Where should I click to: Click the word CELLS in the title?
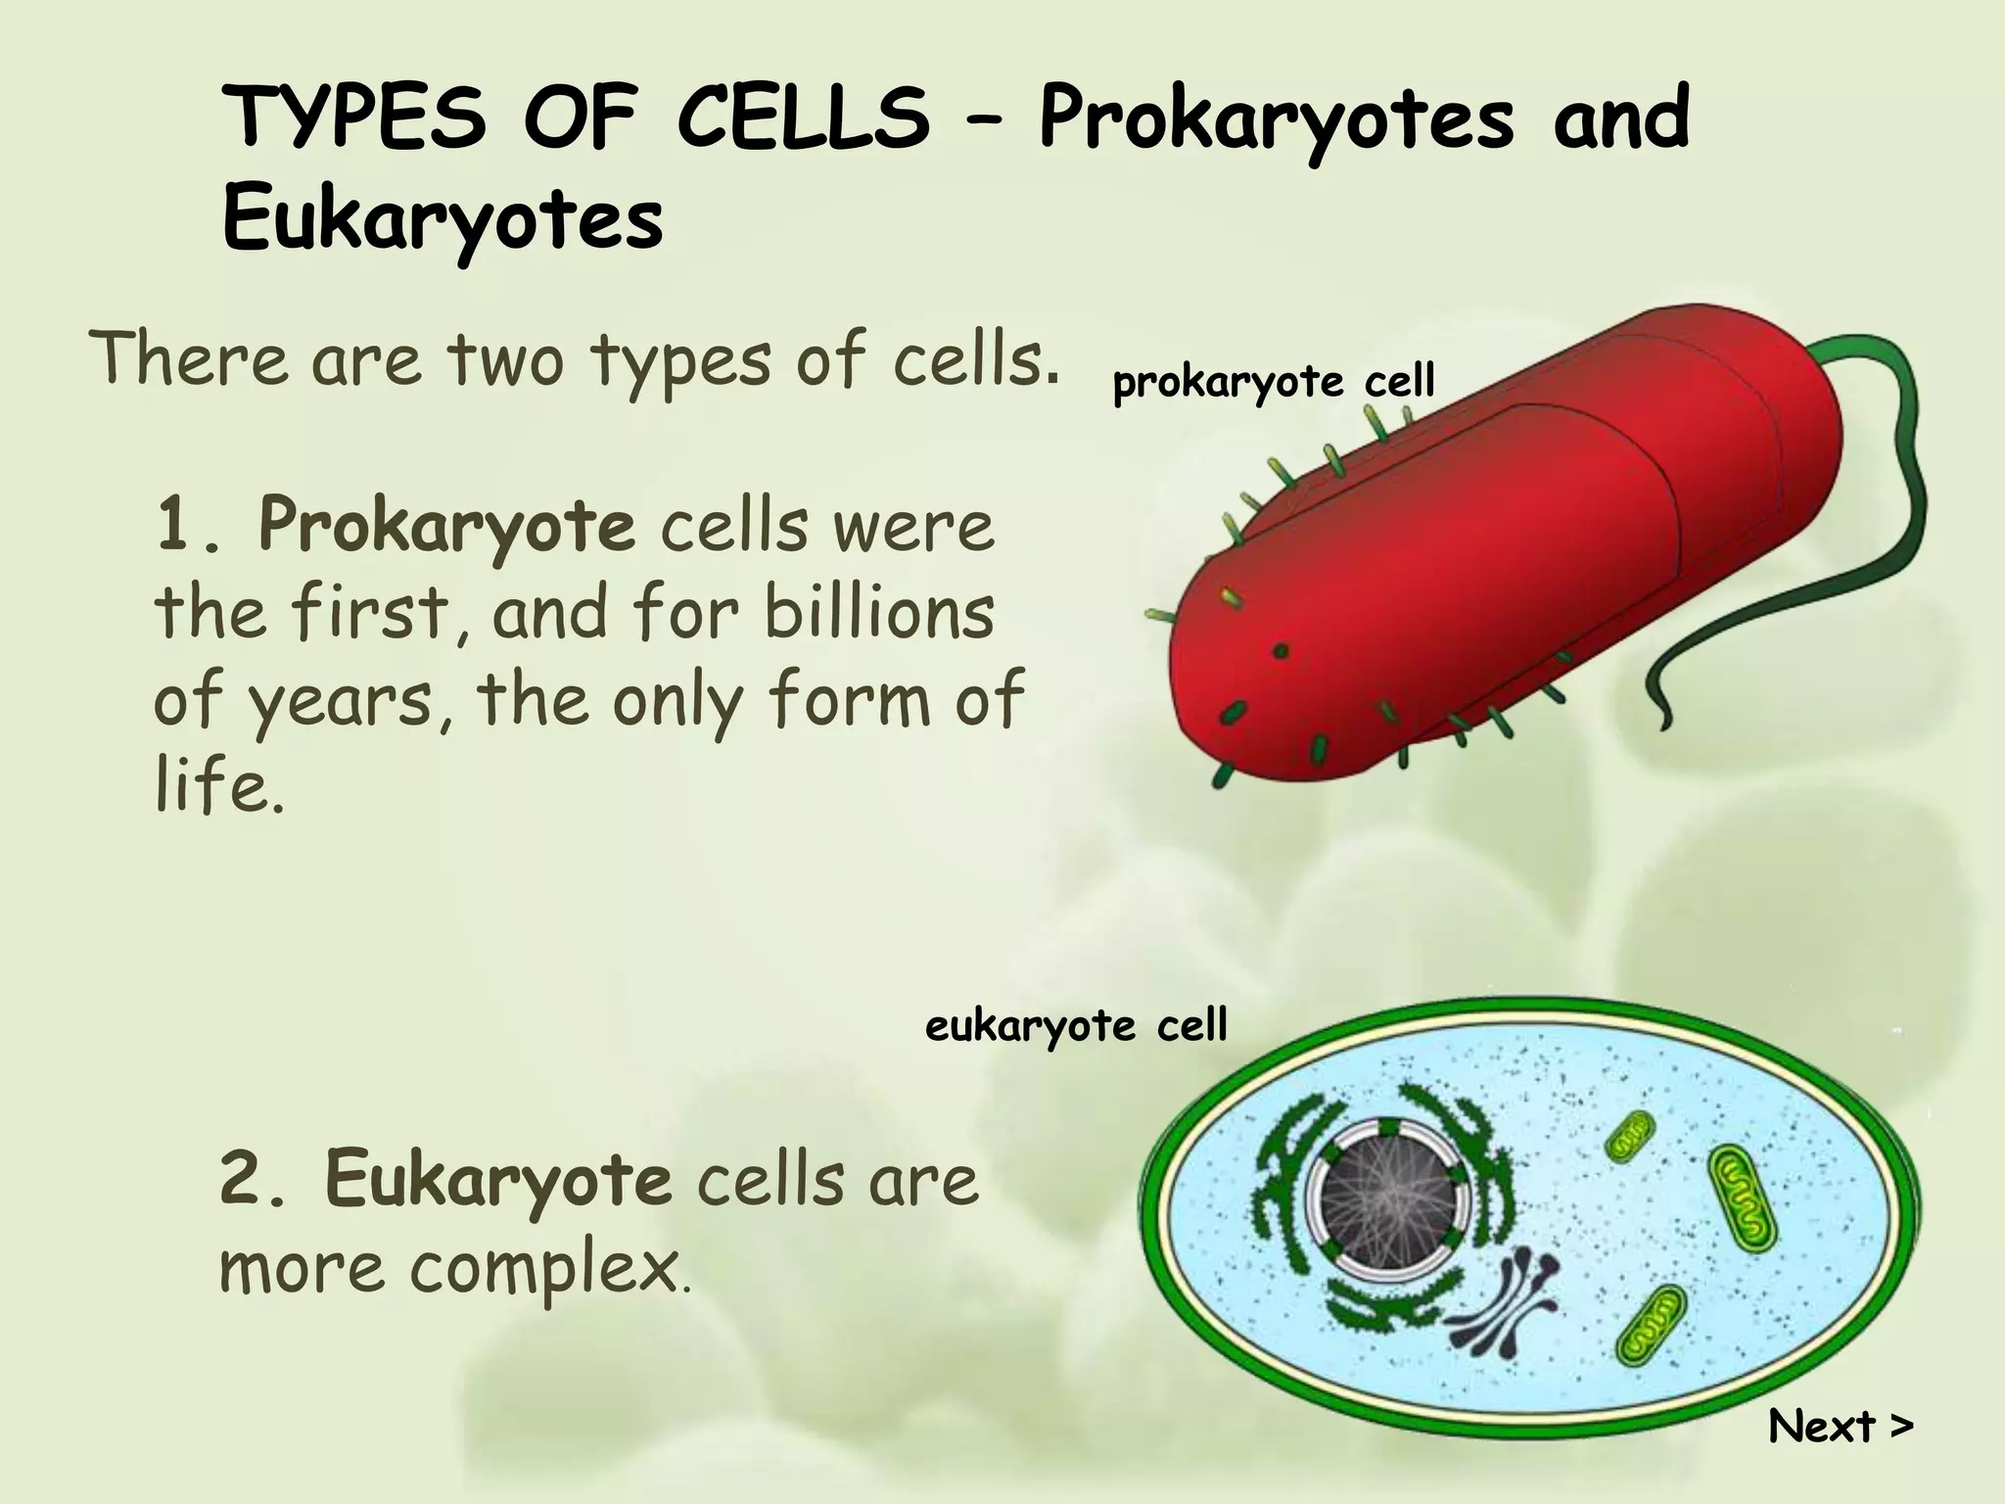point(803,119)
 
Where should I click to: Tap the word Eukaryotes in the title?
point(443,220)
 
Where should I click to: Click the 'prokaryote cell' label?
point(1274,382)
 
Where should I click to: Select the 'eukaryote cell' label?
point(1076,1027)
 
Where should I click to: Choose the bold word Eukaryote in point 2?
point(498,1181)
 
